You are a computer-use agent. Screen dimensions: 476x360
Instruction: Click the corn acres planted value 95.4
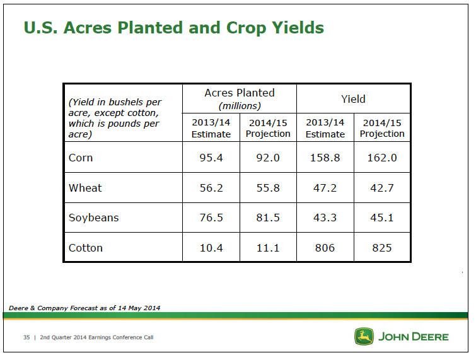tap(211, 158)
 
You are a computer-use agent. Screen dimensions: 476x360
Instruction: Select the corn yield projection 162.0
tap(382, 158)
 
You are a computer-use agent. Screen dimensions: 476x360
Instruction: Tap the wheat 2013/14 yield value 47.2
tap(325, 188)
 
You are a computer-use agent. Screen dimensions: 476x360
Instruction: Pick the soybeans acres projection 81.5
tap(268, 218)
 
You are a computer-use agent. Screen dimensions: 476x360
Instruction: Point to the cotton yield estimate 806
tap(325, 248)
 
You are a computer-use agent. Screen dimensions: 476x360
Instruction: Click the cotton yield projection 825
tap(382, 248)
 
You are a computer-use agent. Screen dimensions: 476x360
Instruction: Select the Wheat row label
tap(85, 188)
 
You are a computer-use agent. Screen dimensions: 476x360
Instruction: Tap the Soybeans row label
tap(93, 218)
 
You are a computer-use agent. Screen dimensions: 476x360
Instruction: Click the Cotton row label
tap(86, 248)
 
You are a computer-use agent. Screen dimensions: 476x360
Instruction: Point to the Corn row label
tap(81, 158)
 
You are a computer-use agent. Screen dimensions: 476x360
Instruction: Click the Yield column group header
tap(353, 99)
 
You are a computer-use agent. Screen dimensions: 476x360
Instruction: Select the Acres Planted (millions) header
tap(240, 99)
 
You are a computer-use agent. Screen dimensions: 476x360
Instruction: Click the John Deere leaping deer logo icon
tap(364, 336)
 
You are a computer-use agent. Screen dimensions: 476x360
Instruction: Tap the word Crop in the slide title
tap(245, 28)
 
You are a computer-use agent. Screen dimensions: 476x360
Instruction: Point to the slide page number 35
tap(26, 337)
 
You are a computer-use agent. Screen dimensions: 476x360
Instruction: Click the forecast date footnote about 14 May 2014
tap(84, 308)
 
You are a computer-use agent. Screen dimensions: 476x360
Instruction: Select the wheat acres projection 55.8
tap(268, 188)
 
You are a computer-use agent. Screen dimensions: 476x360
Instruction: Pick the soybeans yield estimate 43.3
tap(325, 218)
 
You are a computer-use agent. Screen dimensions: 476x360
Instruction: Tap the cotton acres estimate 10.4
tap(211, 248)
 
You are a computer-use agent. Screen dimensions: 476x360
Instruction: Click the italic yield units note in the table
tap(115, 118)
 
